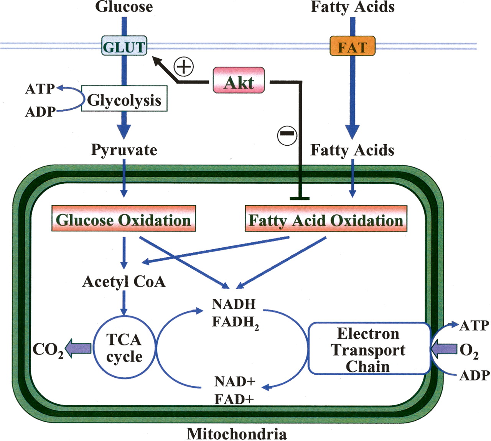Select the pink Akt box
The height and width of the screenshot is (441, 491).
[x=239, y=81]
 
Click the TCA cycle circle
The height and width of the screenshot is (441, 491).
[x=124, y=348]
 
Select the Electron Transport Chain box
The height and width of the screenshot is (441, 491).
[x=368, y=349]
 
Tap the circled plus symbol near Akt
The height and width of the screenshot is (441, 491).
[x=184, y=67]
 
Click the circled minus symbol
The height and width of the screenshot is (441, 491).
[x=287, y=134]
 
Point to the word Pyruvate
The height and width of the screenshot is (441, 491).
[x=124, y=150]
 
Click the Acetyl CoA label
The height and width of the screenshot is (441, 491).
[x=124, y=281]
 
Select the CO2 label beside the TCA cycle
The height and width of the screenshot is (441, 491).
[x=48, y=349]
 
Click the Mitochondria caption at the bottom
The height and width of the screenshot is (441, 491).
[x=237, y=434]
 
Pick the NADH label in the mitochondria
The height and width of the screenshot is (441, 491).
[x=234, y=304]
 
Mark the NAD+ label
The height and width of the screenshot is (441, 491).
[x=235, y=382]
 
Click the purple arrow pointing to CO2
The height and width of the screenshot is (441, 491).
[x=79, y=348]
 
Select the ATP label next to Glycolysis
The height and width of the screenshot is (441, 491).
[x=40, y=89]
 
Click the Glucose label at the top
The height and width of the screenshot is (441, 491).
[x=124, y=7]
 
